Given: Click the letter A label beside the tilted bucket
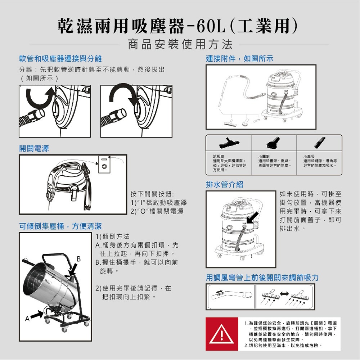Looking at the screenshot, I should [27, 319].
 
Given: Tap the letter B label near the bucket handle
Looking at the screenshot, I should [78, 258].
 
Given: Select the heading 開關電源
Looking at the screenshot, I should [34, 148].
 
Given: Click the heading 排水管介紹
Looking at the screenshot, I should [224, 184].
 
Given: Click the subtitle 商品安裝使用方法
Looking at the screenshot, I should [180, 44].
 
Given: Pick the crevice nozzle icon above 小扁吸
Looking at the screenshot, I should [319, 143].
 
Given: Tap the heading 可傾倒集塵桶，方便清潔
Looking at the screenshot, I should [60, 226].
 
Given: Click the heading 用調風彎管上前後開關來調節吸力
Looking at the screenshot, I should [262, 278].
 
